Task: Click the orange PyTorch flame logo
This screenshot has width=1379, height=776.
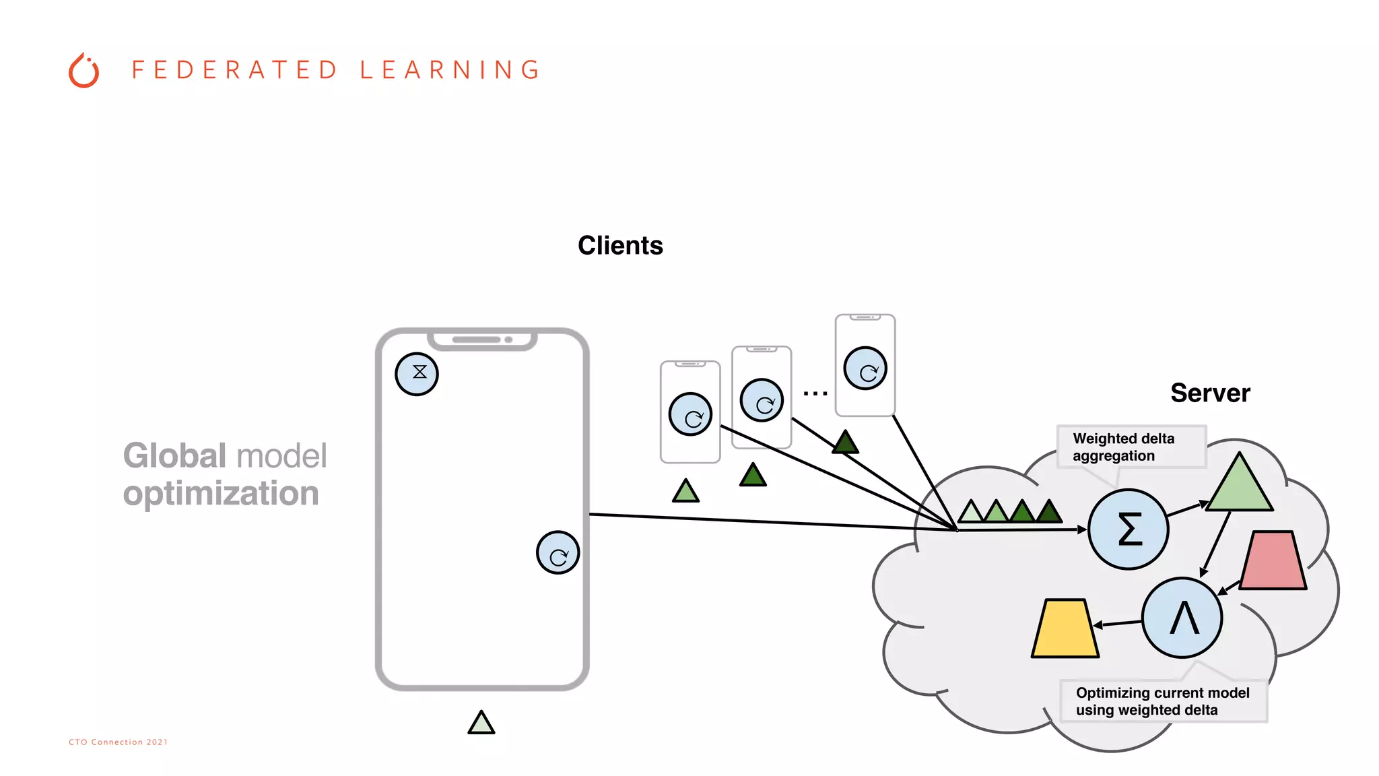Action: click(83, 71)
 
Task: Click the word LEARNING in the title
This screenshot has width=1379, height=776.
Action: click(450, 70)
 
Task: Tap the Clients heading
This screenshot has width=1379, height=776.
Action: click(620, 246)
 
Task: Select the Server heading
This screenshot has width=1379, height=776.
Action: click(1210, 393)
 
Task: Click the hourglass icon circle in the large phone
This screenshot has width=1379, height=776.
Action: click(417, 374)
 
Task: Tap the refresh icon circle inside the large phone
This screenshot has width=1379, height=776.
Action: click(558, 553)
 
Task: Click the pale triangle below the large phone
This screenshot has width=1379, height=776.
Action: click(481, 723)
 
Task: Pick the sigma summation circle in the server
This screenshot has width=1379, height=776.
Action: click(1129, 529)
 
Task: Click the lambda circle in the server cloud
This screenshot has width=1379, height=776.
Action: click(1182, 618)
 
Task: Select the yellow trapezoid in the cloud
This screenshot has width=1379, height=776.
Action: click(1065, 628)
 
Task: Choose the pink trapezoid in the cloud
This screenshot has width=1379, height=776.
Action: click(1273, 560)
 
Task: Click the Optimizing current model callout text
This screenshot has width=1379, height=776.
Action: click(1162, 701)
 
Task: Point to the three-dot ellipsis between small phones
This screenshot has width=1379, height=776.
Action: click(815, 393)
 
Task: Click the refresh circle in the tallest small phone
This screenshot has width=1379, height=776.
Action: click(865, 368)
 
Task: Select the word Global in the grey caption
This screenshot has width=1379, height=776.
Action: click(174, 456)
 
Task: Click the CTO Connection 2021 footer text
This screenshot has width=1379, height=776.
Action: click(119, 742)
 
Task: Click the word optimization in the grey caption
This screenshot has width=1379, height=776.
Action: click(221, 494)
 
